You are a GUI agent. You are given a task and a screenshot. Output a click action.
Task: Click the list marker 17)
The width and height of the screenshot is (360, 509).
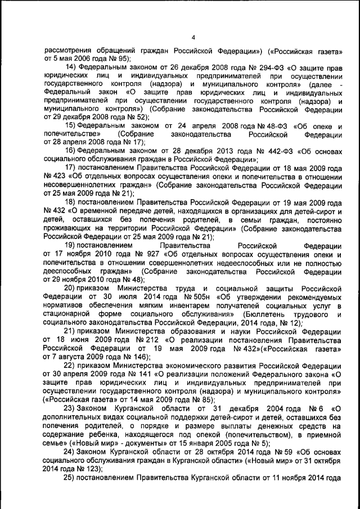click(71, 168)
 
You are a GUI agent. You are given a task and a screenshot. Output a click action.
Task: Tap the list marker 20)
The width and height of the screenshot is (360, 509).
click(71, 288)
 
